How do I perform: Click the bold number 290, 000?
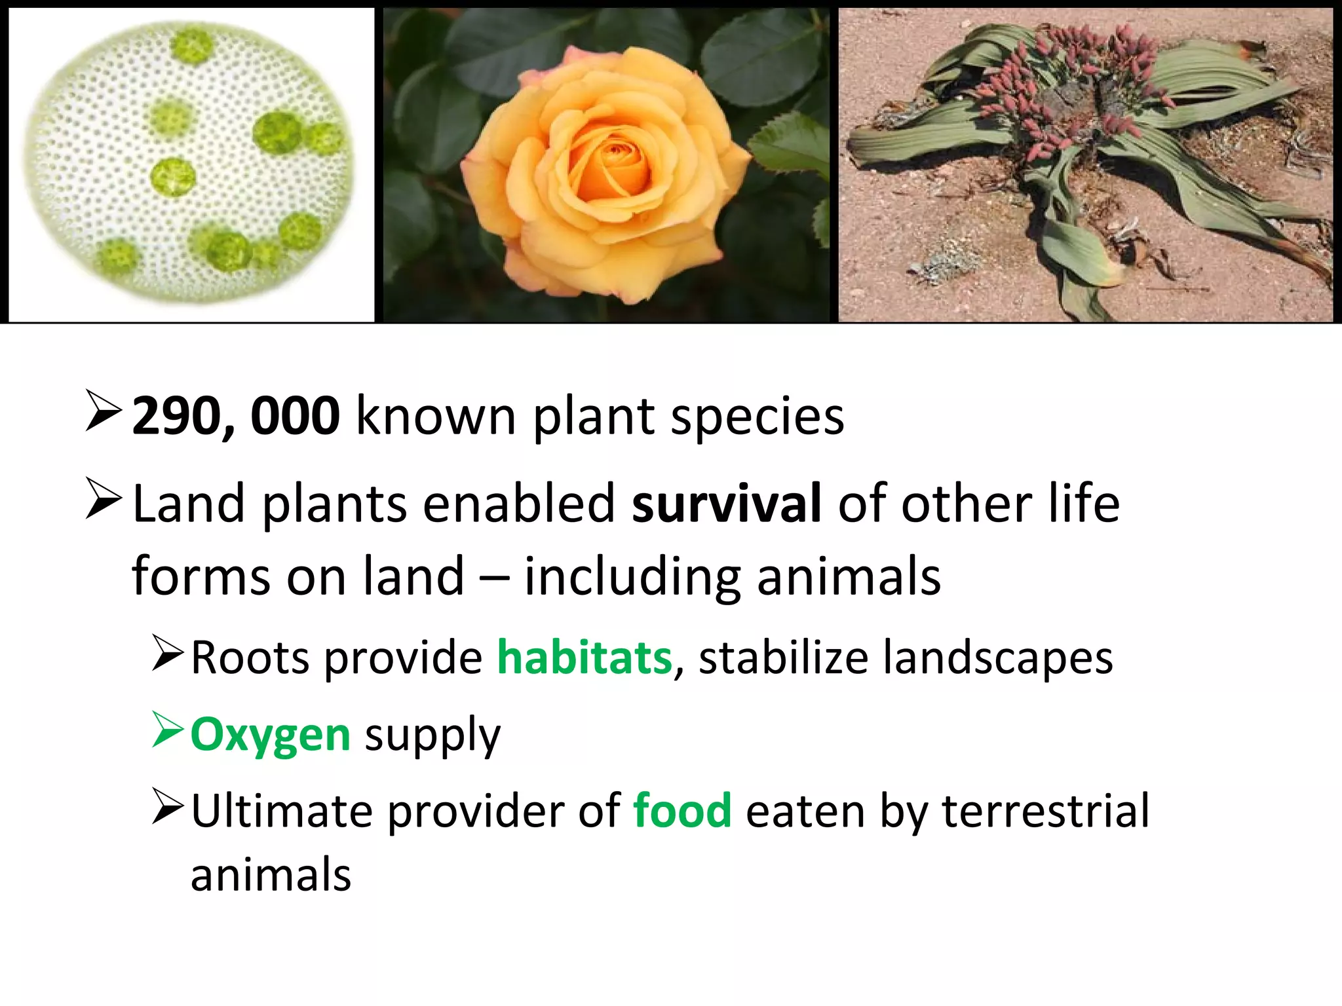pos(236,416)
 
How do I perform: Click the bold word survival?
pos(726,503)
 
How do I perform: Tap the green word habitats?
pos(585,658)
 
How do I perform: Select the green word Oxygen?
pos(271,735)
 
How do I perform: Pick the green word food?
pos(682,811)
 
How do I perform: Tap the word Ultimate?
pos(282,811)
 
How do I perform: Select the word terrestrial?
pos(1045,811)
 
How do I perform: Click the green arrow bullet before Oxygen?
pos(167,730)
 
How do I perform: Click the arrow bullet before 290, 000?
pos(104,411)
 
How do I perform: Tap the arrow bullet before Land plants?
pos(104,499)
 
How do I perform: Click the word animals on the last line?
pos(271,875)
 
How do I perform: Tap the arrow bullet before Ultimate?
pos(167,806)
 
